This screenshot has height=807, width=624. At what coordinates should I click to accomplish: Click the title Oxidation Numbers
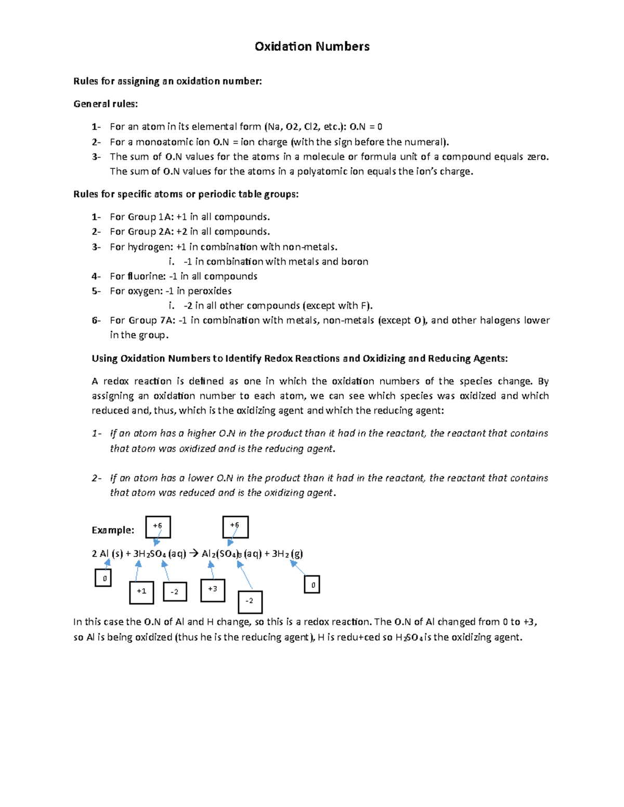[312, 47]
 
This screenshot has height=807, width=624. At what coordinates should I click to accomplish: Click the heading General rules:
[106, 104]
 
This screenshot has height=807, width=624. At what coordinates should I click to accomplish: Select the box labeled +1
[141, 592]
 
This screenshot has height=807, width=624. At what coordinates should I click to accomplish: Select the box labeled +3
[213, 590]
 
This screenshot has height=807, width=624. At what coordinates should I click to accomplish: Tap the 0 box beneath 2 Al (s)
[103, 578]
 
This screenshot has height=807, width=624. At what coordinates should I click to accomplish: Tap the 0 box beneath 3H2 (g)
[312, 585]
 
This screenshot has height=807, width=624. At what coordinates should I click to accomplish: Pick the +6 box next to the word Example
[158, 527]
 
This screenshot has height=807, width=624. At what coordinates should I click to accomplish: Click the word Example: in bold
[113, 530]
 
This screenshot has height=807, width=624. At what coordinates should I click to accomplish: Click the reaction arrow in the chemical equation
[193, 554]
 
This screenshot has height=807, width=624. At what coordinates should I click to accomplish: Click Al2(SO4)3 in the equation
[222, 554]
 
